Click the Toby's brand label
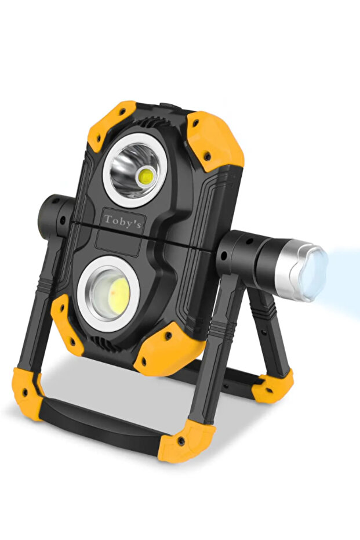(x=122, y=222)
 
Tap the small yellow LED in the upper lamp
(x=147, y=177)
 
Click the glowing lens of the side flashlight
(x=313, y=272)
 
